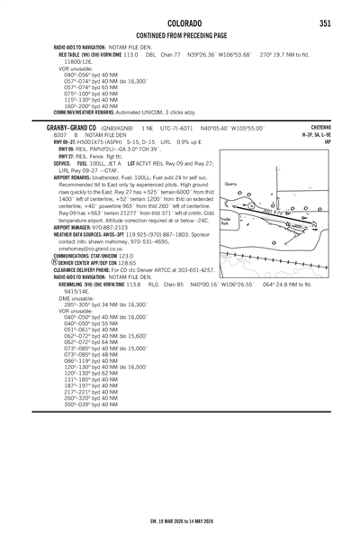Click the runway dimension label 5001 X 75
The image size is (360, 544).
click(x=275, y=212)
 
